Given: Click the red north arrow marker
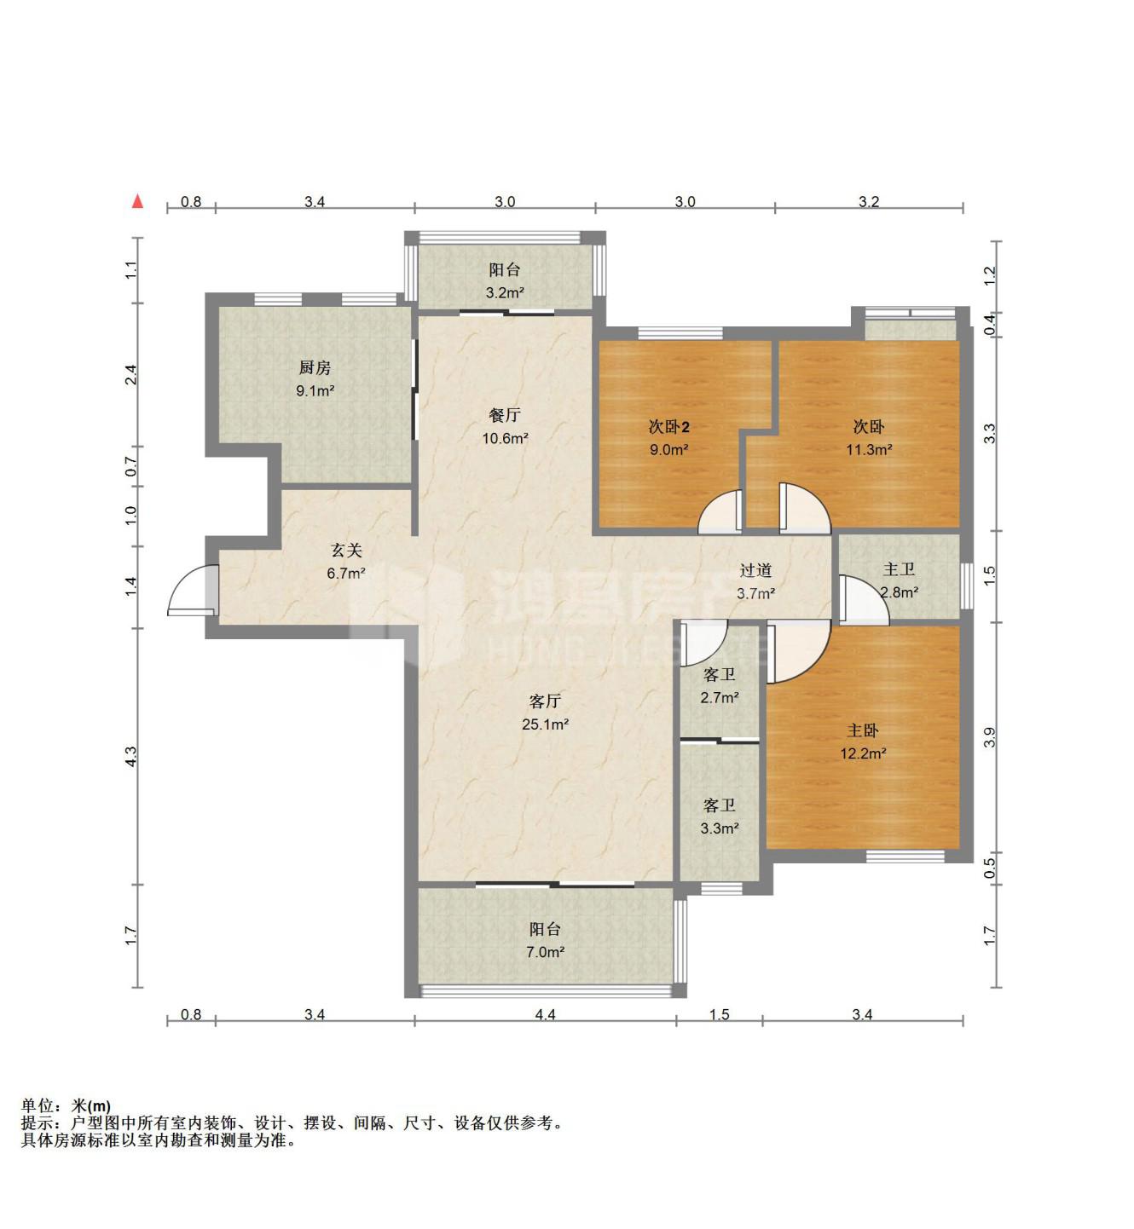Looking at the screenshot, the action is pyautogui.click(x=138, y=201).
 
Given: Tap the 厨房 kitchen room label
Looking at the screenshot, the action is pyautogui.click(x=315, y=367).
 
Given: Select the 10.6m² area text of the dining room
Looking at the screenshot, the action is pyautogui.click(x=505, y=439).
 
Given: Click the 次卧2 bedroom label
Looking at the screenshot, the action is pyautogui.click(x=668, y=426).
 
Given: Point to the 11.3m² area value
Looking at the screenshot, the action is pyautogui.click(x=869, y=450).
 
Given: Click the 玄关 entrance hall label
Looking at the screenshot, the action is pyautogui.click(x=345, y=550).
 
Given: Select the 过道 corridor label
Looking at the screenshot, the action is pyautogui.click(x=755, y=570).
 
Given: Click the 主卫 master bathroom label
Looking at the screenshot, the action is pyautogui.click(x=899, y=568).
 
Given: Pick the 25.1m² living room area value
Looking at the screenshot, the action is pyautogui.click(x=545, y=724).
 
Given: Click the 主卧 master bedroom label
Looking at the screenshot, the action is pyautogui.click(x=863, y=731).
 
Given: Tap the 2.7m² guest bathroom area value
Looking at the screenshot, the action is pyautogui.click(x=719, y=698).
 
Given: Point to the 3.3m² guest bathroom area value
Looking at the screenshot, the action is pyautogui.click(x=719, y=828).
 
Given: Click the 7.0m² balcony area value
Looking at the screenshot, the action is pyautogui.click(x=545, y=952).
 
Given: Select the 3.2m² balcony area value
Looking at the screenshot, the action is pyautogui.click(x=505, y=292).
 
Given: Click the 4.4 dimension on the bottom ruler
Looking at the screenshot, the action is pyautogui.click(x=545, y=1014).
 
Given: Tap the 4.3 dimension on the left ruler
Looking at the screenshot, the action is pyautogui.click(x=130, y=756).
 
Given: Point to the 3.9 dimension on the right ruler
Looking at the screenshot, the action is pyautogui.click(x=989, y=737).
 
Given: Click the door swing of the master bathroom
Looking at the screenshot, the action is pyautogui.click(x=865, y=599).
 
